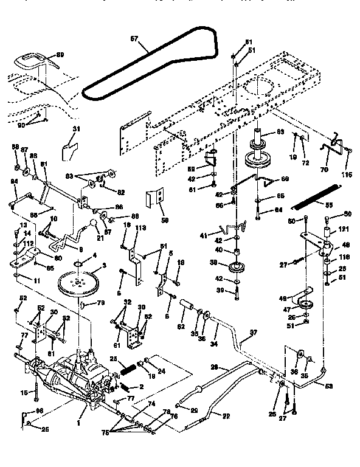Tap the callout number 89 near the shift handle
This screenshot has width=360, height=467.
(60, 55)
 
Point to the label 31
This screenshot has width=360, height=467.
(76, 129)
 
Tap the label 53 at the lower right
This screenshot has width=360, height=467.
(329, 386)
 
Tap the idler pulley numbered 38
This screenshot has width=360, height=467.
(234, 268)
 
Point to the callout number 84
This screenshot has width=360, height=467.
(14, 180)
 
